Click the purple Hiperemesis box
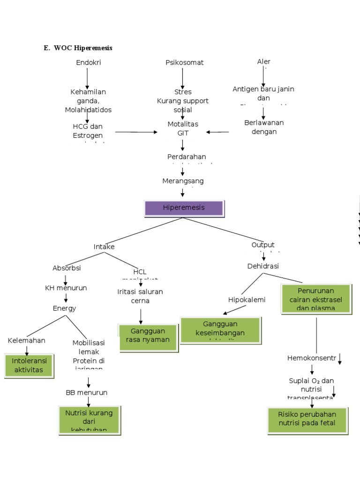click(x=184, y=208)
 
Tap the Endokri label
click(x=88, y=62)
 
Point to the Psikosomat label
click(x=184, y=62)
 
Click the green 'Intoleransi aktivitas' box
click(x=29, y=366)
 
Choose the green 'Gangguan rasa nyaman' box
click(x=148, y=336)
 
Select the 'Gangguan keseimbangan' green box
click(x=220, y=330)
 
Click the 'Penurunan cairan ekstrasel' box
click(x=315, y=299)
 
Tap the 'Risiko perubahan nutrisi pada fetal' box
click(x=307, y=420)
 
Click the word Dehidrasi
click(x=263, y=266)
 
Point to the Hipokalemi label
click(x=247, y=300)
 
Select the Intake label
click(x=104, y=247)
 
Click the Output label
click(x=263, y=245)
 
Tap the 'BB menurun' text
click(x=87, y=392)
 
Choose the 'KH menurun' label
click(x=66, y=288)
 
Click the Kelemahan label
click(x=27, y=340)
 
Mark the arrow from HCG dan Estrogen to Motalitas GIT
click(x=136, y=132)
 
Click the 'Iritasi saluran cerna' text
click(x=140, y=296)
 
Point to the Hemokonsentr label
click(x=312, y=358)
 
